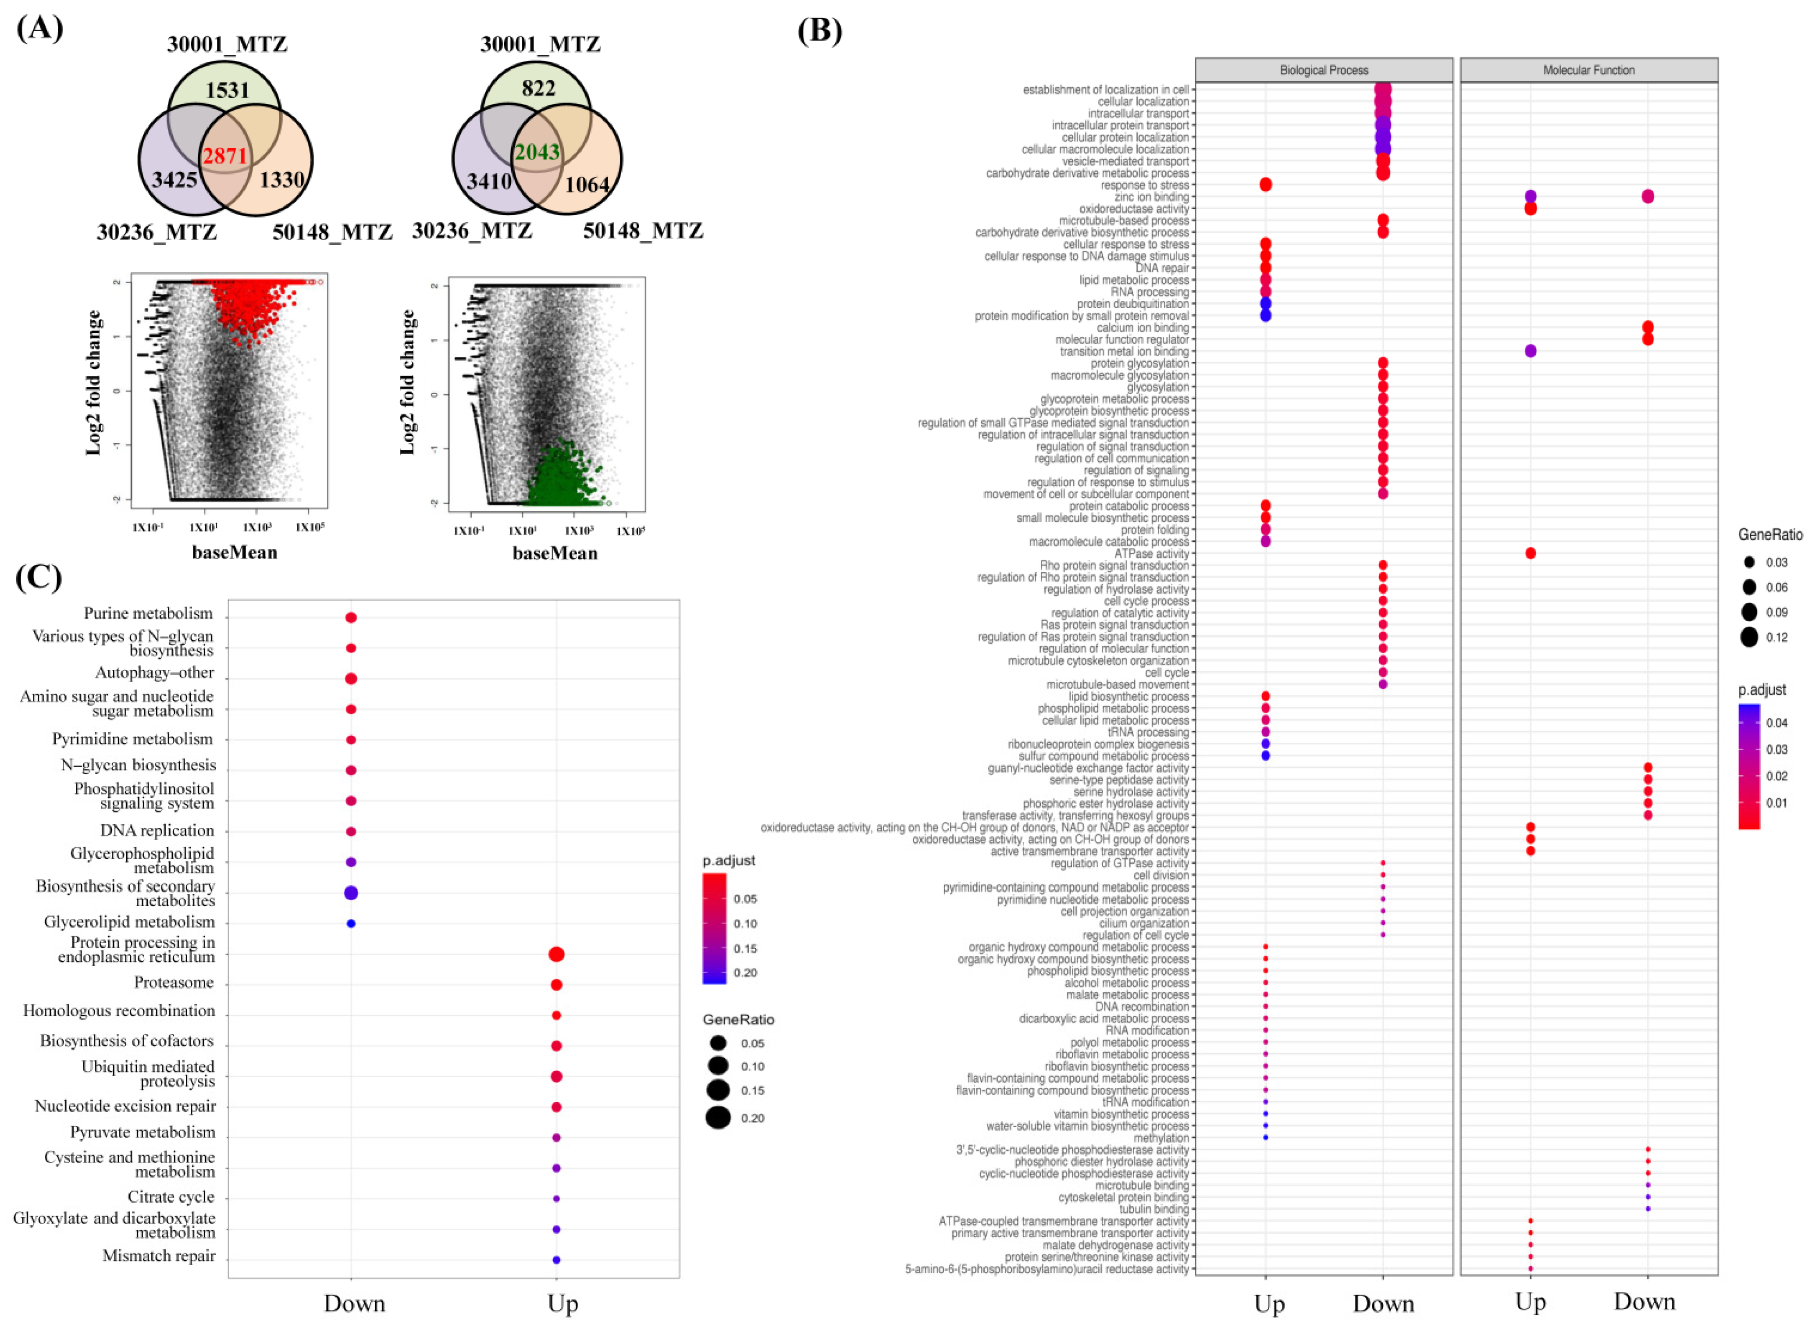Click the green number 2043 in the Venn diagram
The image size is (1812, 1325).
point(537,152)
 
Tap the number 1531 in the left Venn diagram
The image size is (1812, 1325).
point(227,90)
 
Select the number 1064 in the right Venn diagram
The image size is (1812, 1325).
point(587,185)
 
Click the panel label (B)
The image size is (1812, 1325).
point(819,31)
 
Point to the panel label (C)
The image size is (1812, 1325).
point(39,577)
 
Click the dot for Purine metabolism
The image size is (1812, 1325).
point(350,618)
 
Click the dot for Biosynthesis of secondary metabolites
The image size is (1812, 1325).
point(350,893)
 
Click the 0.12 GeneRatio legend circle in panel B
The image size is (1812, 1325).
point(1749,638)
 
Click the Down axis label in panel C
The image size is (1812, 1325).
point(354,1304)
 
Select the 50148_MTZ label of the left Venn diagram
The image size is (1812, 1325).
point(332,232)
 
